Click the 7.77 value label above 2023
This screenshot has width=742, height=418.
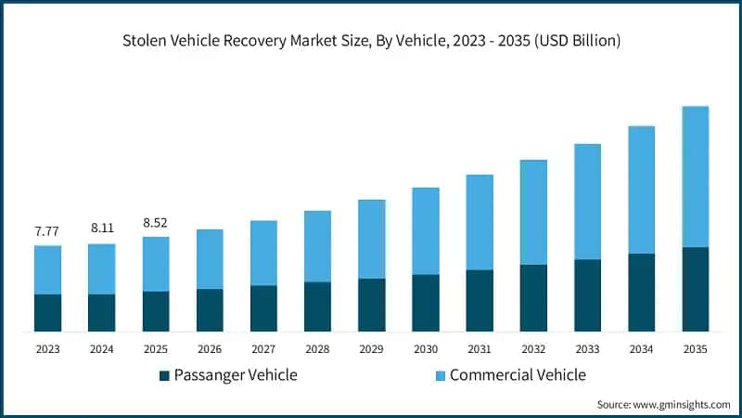pos(46,231)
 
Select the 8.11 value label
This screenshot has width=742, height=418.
pos(102,228)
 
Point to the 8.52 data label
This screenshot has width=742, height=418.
pos(155,223)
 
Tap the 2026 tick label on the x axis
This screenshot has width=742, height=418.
pos(210,349)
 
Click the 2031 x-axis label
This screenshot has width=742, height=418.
pos(480,349)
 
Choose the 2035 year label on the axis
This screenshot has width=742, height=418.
pos(695,349)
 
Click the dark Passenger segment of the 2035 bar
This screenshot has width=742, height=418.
pos(695,289)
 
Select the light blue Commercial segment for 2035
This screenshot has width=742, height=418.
pos(695,176)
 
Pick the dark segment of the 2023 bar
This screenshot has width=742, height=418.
pos(48,313)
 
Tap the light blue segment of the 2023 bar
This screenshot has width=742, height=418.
pos(48,270)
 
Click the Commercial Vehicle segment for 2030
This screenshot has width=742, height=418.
pos(426,231)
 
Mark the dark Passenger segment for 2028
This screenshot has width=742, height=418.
pos(317,307)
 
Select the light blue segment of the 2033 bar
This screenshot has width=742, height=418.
pos(587,202)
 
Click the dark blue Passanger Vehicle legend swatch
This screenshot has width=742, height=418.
pos(164,376)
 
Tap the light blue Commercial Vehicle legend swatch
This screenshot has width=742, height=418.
pos(440,376)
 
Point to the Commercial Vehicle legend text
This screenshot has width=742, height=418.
pos(518,375)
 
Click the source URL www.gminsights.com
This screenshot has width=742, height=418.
pos(682,405)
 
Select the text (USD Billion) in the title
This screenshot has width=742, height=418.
pos(577,41)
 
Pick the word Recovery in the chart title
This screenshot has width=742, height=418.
pos(254,42)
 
